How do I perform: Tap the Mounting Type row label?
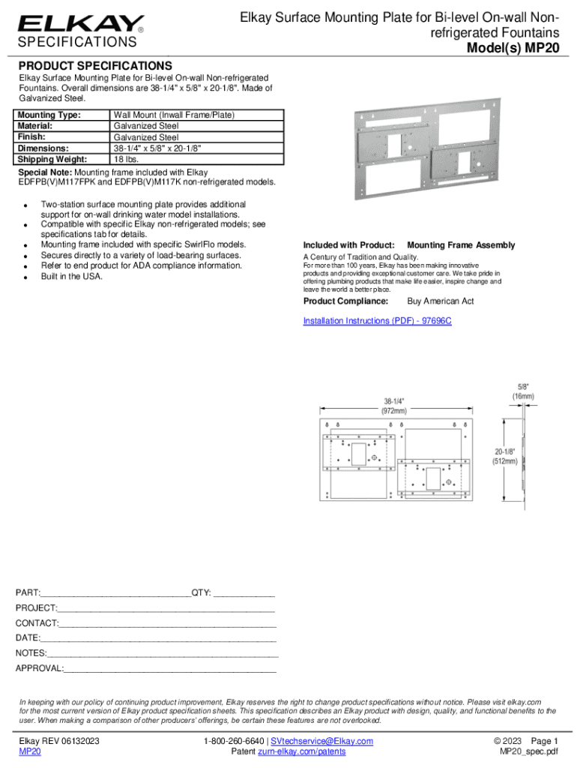pos(49,115)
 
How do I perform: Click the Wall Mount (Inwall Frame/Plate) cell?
pos(175,115)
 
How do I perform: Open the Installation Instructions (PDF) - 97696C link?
pos(377,321)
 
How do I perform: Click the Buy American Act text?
pos(441,301)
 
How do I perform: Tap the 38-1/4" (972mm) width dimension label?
pos(396,405)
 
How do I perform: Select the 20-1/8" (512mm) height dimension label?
pos(504,457)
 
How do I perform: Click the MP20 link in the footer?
pos(30,751)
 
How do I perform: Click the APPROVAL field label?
pos(40,668)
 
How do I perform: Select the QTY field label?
pos(202,592)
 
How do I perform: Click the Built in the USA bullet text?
pos(72,277)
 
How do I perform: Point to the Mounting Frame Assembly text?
pos(461,245)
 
